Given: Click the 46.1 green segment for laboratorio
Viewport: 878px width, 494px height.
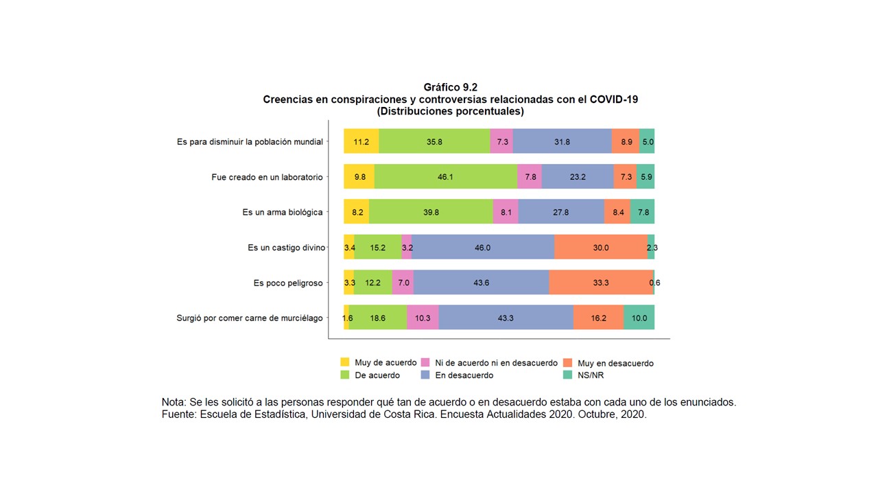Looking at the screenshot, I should (x=446, y=176).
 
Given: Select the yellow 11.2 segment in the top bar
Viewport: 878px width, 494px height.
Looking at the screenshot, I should (x=361, y=141).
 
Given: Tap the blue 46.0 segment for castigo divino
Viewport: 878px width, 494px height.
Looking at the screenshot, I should (x=483, y=247).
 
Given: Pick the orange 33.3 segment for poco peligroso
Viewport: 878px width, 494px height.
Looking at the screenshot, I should (x=601, y=283).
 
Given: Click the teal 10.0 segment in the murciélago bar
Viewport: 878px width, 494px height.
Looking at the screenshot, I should (x=639, y=318).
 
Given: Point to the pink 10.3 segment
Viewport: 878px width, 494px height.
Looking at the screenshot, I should (x=423, y=318).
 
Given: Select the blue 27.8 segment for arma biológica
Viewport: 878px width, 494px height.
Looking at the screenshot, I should (x=561, y=212).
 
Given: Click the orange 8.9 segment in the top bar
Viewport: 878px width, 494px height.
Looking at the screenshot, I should (x=626, y=141).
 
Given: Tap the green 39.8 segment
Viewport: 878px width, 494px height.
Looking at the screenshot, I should (x=431, y=212).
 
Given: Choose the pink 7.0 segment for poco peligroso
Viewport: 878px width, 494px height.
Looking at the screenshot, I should (x=403, y=283).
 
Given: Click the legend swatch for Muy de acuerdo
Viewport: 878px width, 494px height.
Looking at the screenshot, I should (x=345, y=362).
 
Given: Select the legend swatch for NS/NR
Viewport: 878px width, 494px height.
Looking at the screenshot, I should (x=567, y=375).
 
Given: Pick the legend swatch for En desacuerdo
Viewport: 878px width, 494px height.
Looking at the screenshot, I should (x=425, y=375).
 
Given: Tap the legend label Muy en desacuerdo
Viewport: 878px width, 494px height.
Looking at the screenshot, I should (x=615, y=363).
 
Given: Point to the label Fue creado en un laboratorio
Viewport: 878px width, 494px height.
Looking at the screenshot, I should (x=267, y=177).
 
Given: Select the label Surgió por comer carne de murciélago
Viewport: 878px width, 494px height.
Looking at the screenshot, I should (x=250, y=318).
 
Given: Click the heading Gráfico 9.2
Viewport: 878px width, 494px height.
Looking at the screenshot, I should (x=450, y=87).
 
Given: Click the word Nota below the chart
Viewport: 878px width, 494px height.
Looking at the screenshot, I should (x=174, y=402).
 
